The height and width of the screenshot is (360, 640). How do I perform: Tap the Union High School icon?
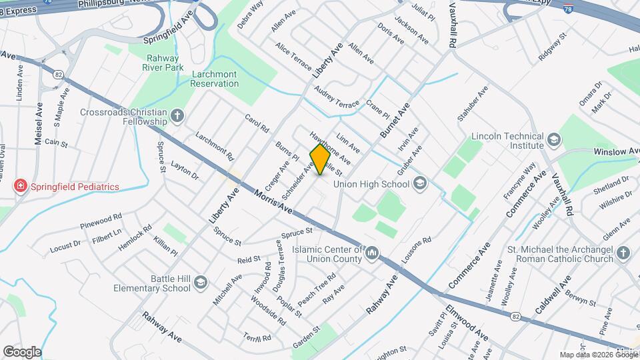[419, 183]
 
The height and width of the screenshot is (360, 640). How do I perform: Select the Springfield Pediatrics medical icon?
[21, 185]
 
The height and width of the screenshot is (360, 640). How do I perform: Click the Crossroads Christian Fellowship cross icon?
[177, 117]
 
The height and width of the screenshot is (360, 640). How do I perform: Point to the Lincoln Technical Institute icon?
[555, 139]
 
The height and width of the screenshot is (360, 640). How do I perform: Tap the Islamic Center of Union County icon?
[373, 253]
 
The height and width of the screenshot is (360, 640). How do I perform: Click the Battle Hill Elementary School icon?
[201, 284]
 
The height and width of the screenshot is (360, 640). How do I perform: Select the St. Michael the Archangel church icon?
[623, 253]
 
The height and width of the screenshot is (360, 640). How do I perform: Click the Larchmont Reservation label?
[214, 79]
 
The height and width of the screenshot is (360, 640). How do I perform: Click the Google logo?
[22, 351]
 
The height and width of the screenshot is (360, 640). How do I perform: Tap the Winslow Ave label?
[615, 152]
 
